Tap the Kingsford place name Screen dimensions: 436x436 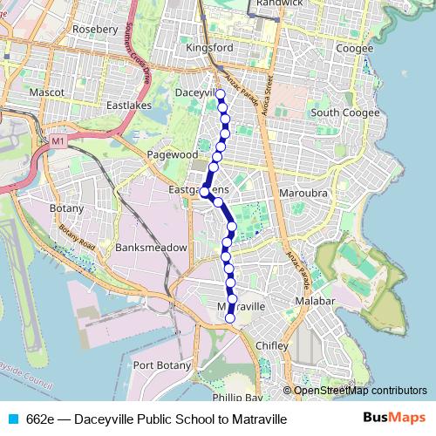coord(209,48)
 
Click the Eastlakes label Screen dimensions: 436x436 coord(128,105)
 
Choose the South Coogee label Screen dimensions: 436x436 coord(344,112)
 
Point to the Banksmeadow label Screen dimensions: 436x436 coord(151,248)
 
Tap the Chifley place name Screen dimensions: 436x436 coord(272,346)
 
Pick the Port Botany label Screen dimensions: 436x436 coord(160,365)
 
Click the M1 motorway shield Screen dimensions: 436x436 coord(58,140)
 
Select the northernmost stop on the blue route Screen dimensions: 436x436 coord(221,94)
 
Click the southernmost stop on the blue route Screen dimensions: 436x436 coord(230,319)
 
